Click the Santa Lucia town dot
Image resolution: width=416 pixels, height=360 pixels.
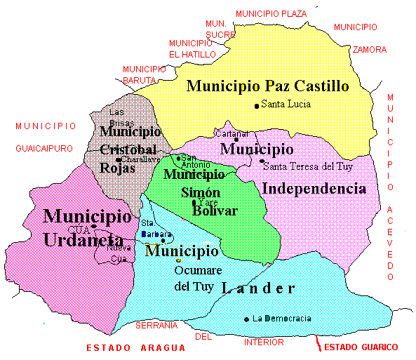(x=257, y=105)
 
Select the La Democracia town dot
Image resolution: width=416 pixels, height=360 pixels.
(x=247, y=319)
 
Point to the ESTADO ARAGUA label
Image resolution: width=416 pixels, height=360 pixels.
(x=136, y=347)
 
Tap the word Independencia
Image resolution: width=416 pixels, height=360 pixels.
(x=314, y=188)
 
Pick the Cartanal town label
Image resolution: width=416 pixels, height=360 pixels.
(x=231, y=133)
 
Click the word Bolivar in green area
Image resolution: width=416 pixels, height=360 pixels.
(x=215, y=211)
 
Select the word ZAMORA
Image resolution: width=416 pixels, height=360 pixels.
(x=369, y=50)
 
